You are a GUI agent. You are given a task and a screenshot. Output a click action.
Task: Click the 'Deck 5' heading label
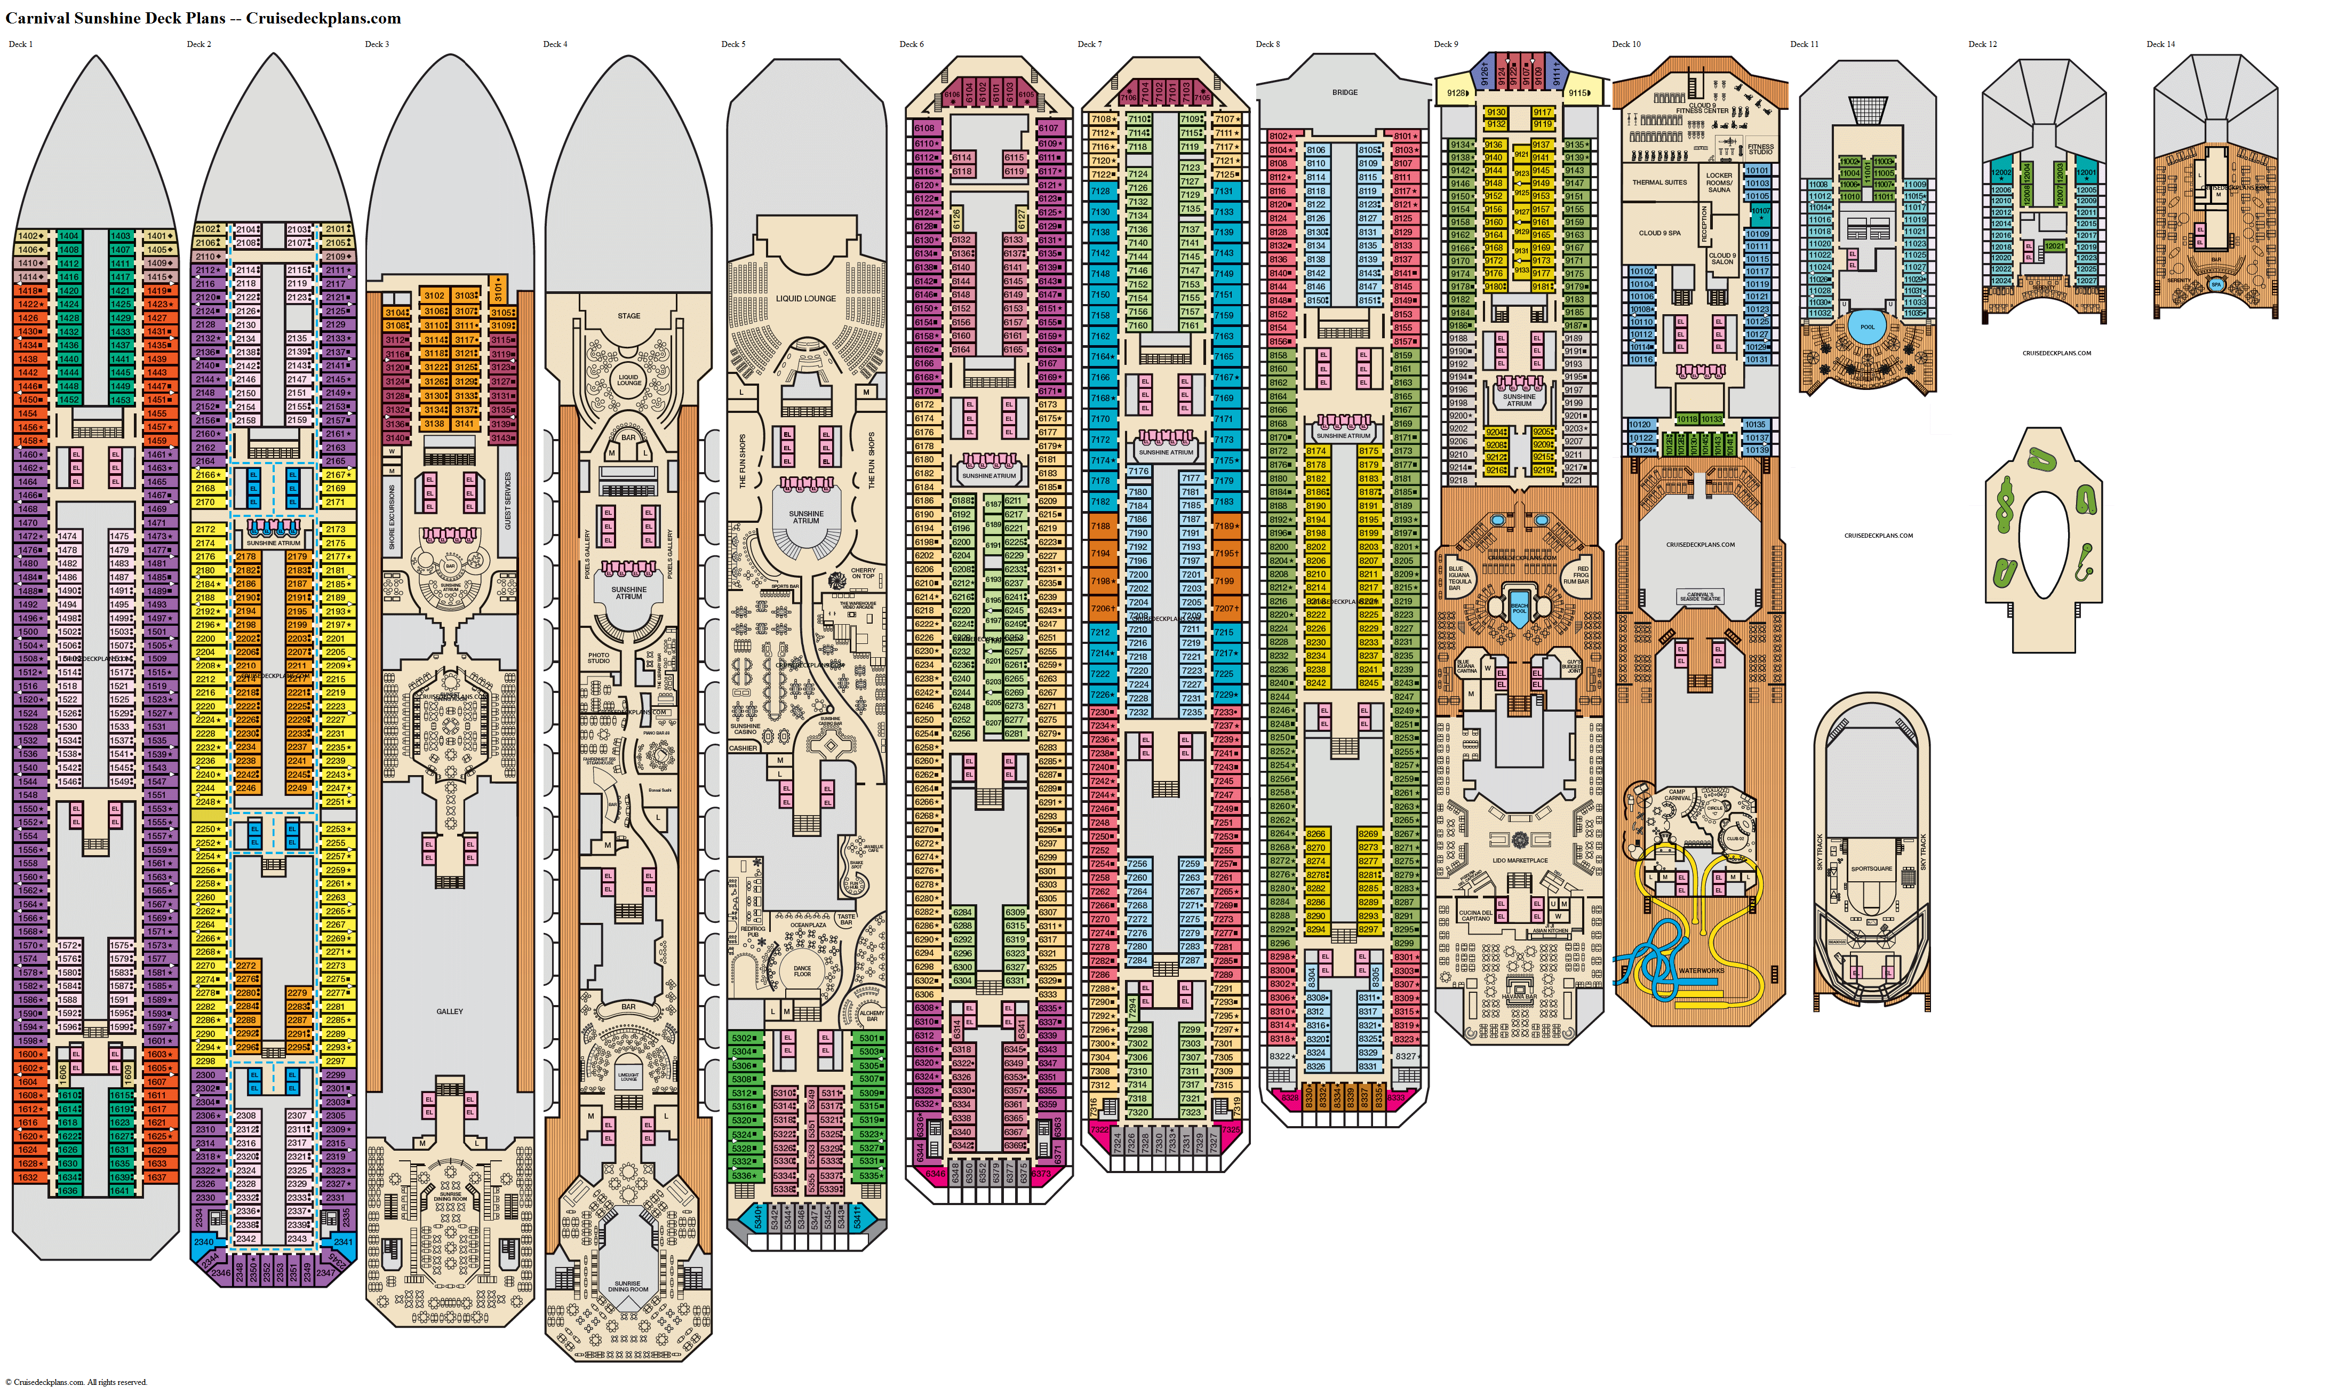(x=733, y=44)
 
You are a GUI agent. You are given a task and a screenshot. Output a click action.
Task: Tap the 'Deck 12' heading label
(x=1982, y=44)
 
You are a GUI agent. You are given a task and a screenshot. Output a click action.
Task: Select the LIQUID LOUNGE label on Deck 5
(x=805, y=299)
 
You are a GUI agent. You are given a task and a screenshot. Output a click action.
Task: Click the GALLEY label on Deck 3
(x=449, y=1011)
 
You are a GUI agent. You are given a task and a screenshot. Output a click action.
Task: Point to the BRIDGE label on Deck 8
(x=1344, y=92)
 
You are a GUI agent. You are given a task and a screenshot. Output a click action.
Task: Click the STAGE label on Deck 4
(x=629, y=316)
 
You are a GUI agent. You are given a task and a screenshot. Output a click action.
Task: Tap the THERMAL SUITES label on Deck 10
(x=1659, y=182)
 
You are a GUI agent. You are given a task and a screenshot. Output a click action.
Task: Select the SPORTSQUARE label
(x=1871, y=868)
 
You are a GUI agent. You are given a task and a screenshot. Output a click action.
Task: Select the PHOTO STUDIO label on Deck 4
(x=599, y=658)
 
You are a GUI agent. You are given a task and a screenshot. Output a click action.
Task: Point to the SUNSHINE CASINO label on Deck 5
(x=745, y=729)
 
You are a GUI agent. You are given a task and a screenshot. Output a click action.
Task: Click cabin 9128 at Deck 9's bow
(x=1456, y=93)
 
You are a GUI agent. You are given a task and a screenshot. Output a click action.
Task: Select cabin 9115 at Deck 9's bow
(x=1579, y=93)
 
